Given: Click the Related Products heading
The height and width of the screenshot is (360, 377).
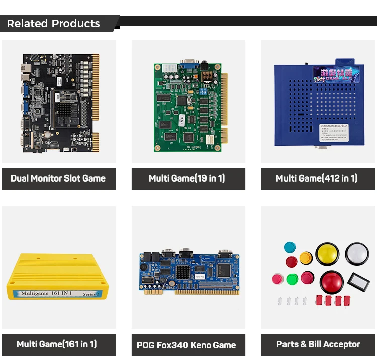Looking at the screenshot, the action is (x=53, y=24).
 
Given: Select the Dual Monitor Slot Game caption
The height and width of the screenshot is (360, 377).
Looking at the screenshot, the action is (x=58, y=178).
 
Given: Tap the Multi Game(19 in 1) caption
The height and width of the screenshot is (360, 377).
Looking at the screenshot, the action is (x=187, y=178).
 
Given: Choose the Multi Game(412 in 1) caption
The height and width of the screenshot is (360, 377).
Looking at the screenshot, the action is (x=317, y=178).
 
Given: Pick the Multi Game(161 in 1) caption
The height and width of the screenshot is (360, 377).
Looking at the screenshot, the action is (x=57, y=344).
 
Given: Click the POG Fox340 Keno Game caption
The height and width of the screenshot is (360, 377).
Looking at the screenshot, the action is (x=186, y=345).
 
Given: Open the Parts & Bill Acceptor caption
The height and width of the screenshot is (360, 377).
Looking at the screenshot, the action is (x=318, y=344).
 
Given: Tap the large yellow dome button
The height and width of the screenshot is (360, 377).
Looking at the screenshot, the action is (x=327, y=254).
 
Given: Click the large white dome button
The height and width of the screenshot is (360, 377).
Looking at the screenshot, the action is (x=357, y=254).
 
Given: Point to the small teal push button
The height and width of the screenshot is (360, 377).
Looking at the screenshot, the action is (x=290, y=247).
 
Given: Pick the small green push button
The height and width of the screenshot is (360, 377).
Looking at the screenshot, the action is (x=293, y=278).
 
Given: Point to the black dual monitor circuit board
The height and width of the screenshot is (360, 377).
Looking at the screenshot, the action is (x=58, y=103).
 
